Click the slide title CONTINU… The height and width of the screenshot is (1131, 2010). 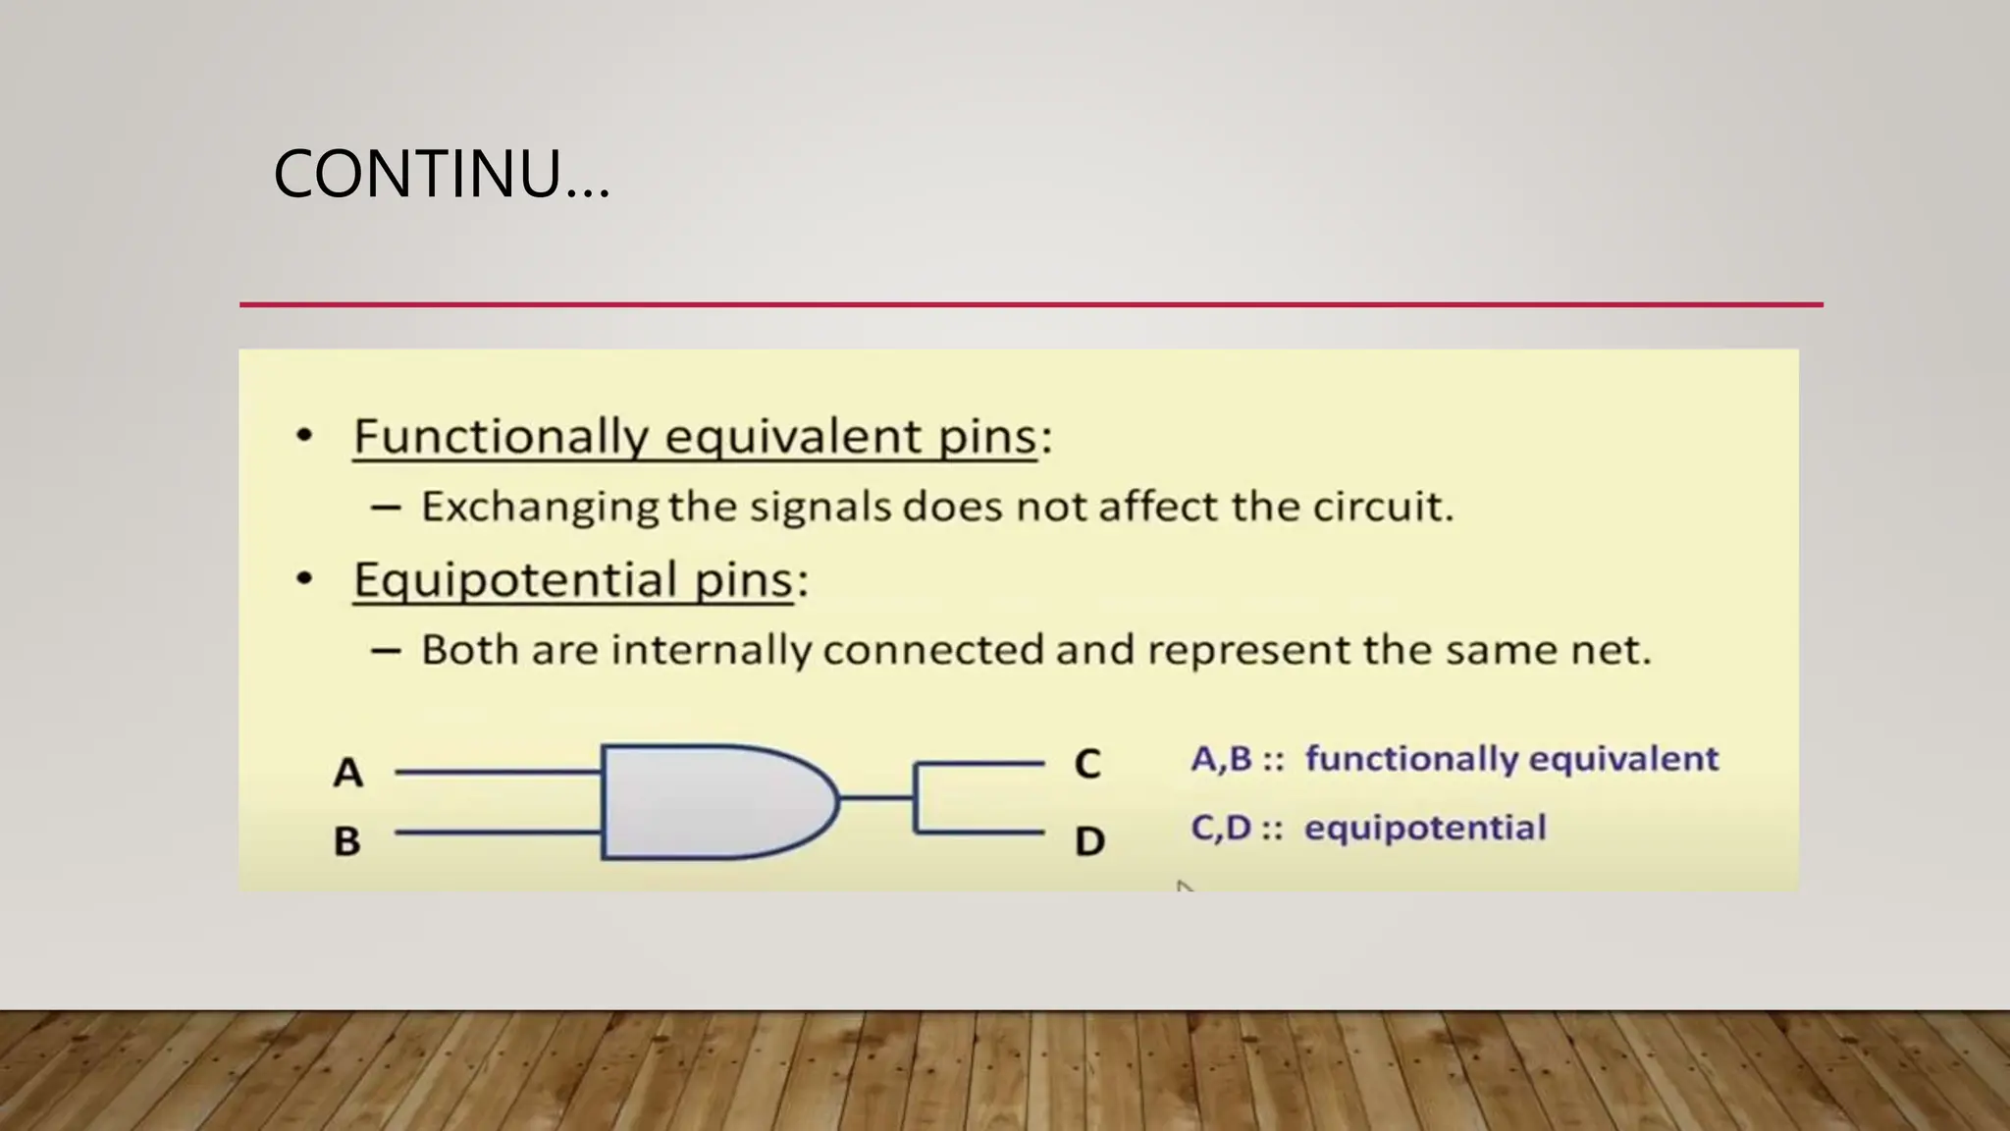(442, 175)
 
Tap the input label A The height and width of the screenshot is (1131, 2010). (347, 773)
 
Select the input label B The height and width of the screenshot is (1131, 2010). (347, 841)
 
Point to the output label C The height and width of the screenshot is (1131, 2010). (1087, 764)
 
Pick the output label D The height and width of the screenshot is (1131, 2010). (1089, 841)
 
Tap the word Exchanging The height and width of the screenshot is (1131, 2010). (540, 508)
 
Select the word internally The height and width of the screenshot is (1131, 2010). (712, 650)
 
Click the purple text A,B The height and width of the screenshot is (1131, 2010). (1222, 759)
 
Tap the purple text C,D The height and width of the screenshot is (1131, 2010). (1221, 828)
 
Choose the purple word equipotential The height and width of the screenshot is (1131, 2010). (1425, 828)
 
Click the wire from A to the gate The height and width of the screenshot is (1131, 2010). (499, 773)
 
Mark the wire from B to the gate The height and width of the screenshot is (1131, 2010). (499, 833)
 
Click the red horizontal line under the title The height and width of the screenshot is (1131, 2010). (1031, 305)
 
